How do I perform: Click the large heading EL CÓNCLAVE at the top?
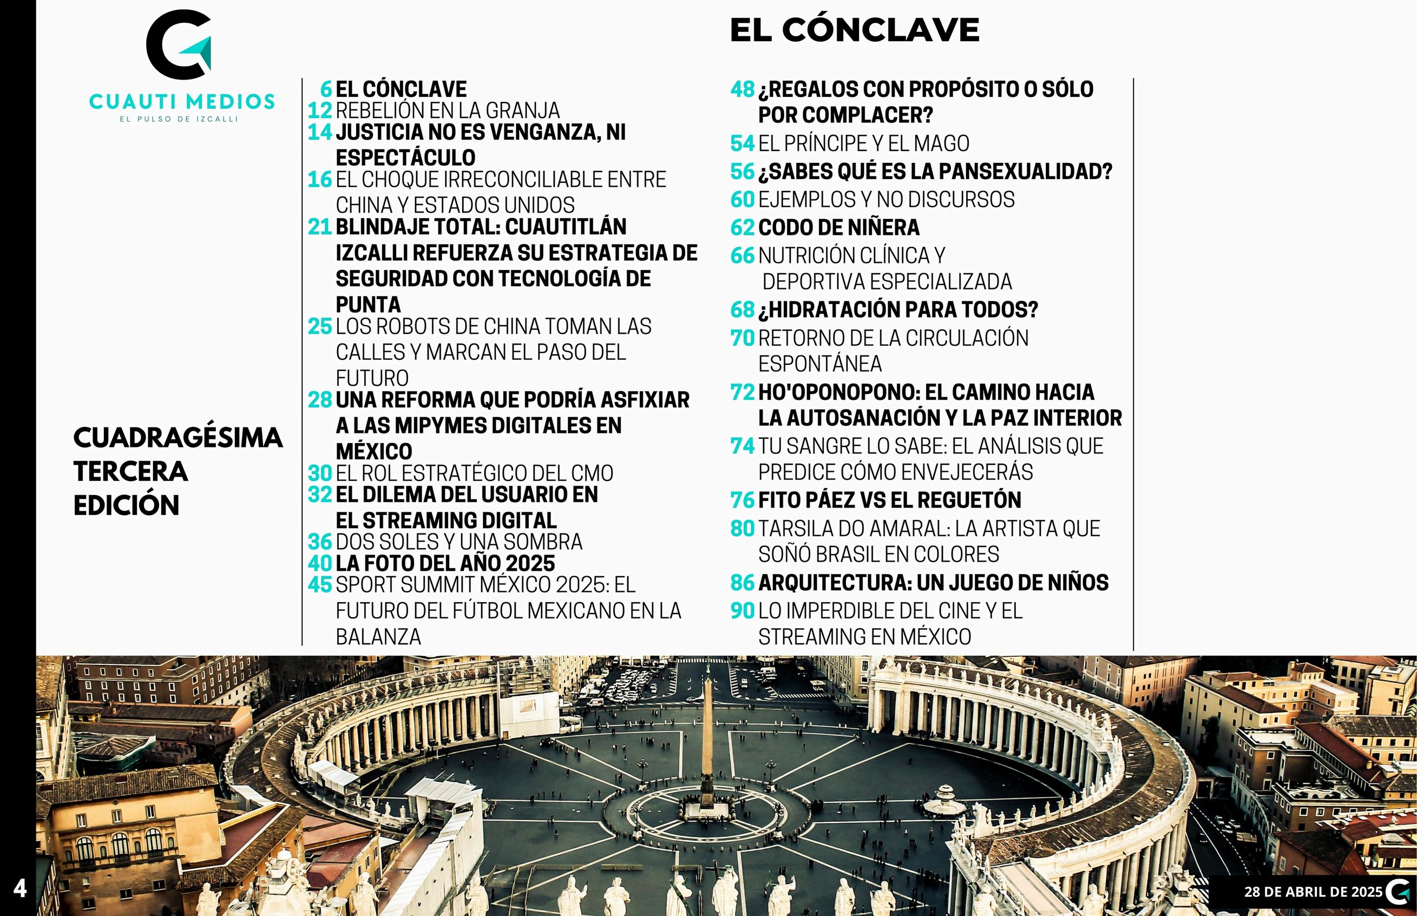pos(854,30)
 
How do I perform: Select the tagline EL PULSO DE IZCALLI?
pos(179,119)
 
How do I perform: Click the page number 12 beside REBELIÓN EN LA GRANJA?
pos(319,110)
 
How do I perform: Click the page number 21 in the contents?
pos(319,227)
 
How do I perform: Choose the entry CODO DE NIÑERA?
pos(839,227)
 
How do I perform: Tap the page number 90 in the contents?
pos(743,611)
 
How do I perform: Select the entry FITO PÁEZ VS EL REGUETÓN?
pos(889,499)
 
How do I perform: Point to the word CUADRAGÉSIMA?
pos(178,438)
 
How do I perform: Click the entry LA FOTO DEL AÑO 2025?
pos(445,563)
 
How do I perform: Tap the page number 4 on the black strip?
pos(19,888)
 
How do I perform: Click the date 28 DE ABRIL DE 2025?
pos(1314,892)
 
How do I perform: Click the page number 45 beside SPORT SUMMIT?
pos(319,585)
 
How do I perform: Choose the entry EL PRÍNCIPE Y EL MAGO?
pos(864,143)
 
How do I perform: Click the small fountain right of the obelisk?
pos(944,794)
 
